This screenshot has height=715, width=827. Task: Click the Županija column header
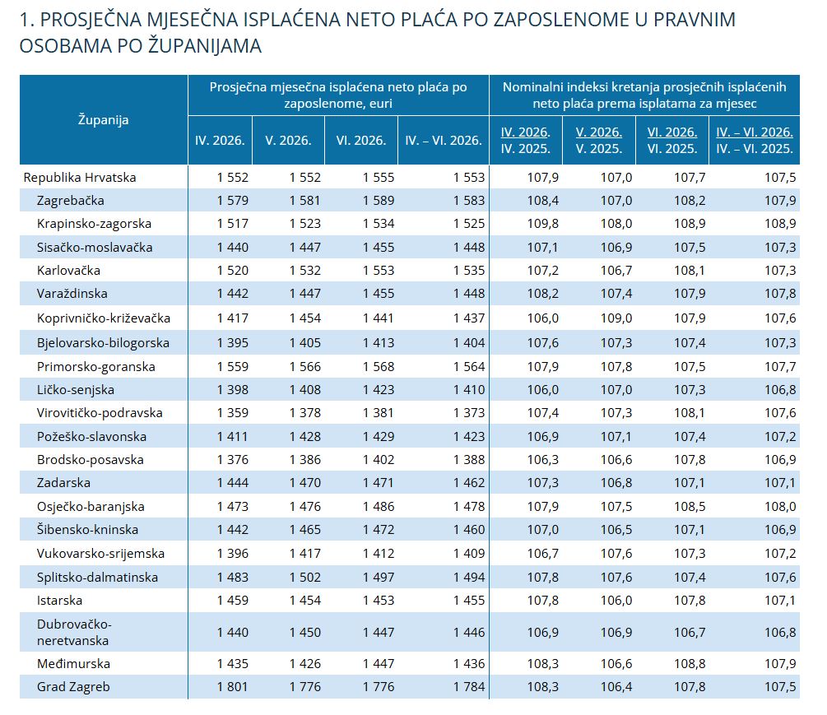pos(104,119)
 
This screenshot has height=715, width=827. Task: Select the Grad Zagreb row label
pos(73,686)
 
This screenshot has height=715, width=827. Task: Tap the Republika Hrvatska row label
pos(80,177)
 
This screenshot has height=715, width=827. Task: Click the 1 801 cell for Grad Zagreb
pos(233,686)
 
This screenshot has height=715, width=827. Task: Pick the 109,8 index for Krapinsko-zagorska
pos(543,224)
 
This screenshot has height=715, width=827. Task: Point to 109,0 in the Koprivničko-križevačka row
pos(616,318)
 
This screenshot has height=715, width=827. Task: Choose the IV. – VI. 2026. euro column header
pos(444,140)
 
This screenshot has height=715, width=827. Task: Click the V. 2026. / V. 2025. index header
pos(599,140)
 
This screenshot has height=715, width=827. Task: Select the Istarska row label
pos(59,600)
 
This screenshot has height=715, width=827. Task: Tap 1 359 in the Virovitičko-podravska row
pos(233,413)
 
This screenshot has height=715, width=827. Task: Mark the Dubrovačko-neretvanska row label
pos(74,632)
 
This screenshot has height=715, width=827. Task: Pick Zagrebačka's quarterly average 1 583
pos(469,201)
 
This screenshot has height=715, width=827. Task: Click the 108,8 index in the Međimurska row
pos(690,663)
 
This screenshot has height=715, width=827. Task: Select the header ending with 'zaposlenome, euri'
pos(338,95)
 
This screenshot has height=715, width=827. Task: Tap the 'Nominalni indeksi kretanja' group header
pos(644,95)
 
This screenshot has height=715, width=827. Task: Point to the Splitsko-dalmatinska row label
pos(98,577)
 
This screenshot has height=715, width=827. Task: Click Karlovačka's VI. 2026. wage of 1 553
pos(379,271)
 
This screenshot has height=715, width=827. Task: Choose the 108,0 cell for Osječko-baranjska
pos(781,506)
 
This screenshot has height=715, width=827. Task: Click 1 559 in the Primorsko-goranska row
pos(233,366)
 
